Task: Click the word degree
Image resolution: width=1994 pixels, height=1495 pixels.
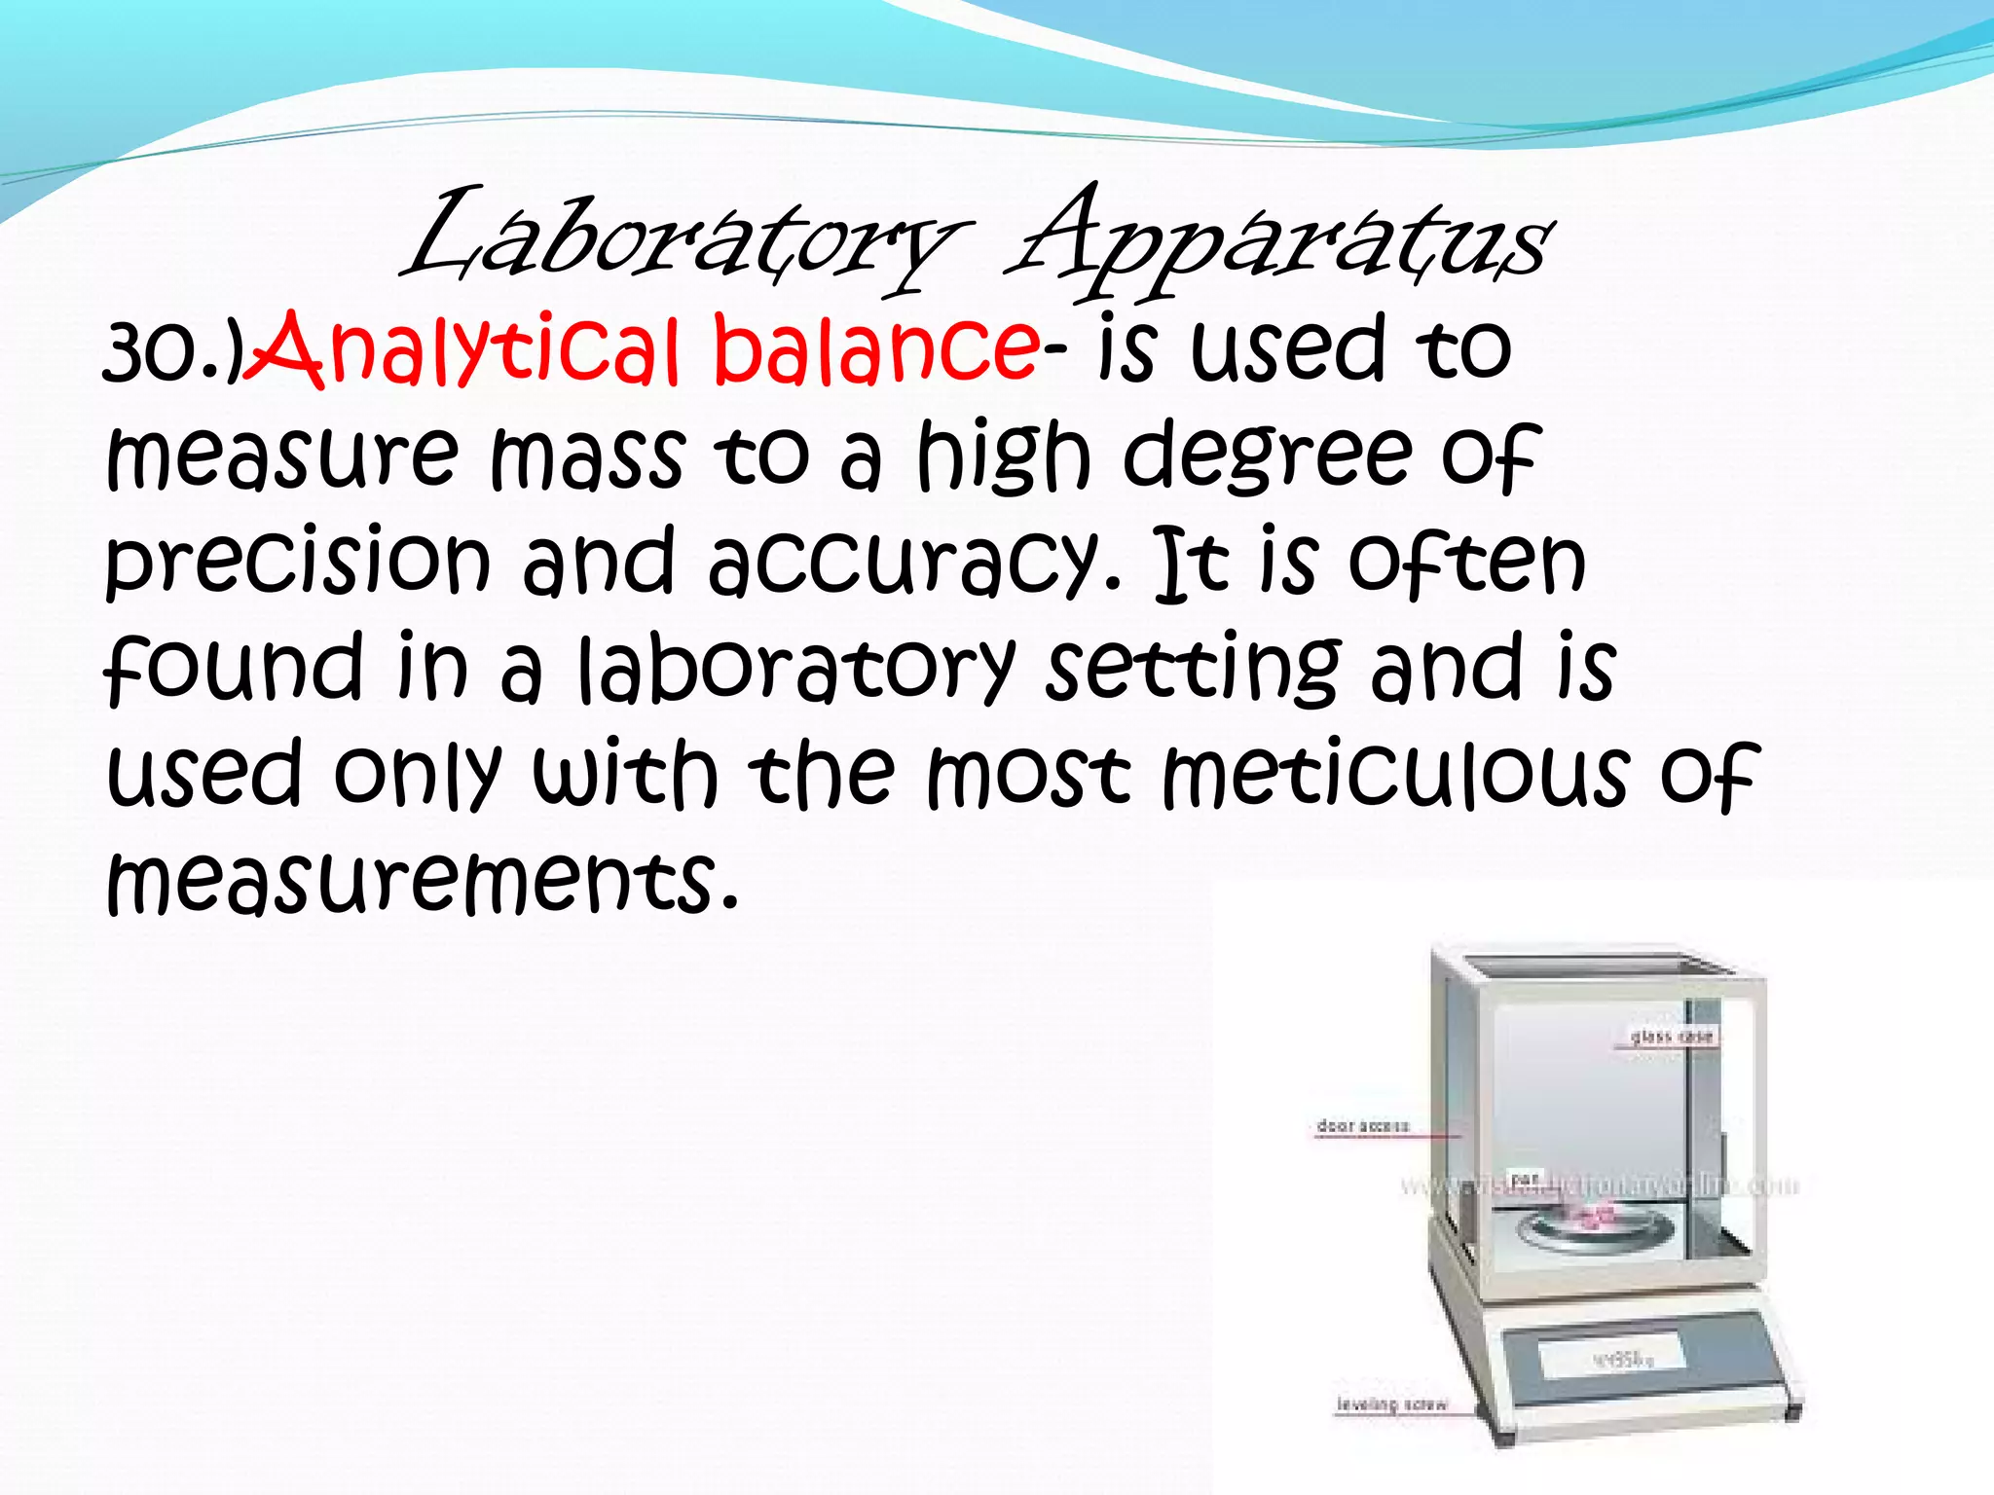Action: click(1266, 457)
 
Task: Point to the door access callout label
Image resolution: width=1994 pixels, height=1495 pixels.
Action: click(1362, 1126)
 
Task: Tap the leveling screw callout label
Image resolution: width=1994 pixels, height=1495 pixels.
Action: click(1391, 1404)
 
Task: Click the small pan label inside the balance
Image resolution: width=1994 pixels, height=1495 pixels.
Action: click(1526, 1179)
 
